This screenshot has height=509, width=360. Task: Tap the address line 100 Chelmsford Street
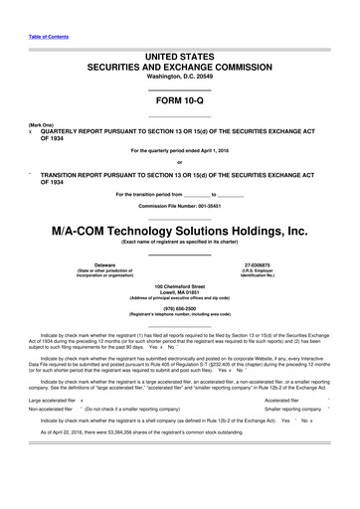[180, 286]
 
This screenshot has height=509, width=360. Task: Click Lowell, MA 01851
[180, 293]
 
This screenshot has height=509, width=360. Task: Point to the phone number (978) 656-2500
[180, 308]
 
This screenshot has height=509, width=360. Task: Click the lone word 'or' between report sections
[180, 164]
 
